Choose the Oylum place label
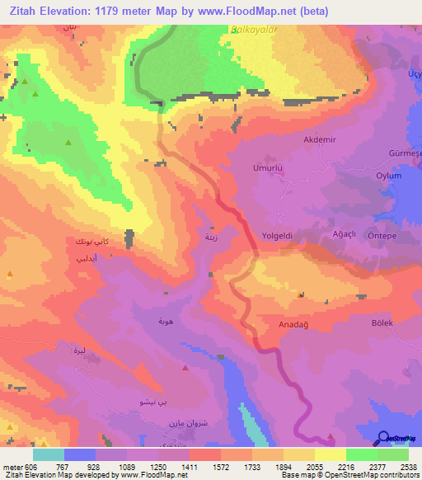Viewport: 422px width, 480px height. [389, 176]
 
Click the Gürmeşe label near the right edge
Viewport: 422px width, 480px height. [405, 155]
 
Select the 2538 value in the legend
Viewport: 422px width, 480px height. [407, 467]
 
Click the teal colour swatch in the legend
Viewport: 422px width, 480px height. [49, 454]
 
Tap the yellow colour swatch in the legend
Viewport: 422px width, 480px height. [330, 454]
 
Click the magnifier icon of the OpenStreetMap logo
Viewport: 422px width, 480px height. [384, 438]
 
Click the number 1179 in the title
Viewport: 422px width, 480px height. [107, 12]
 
